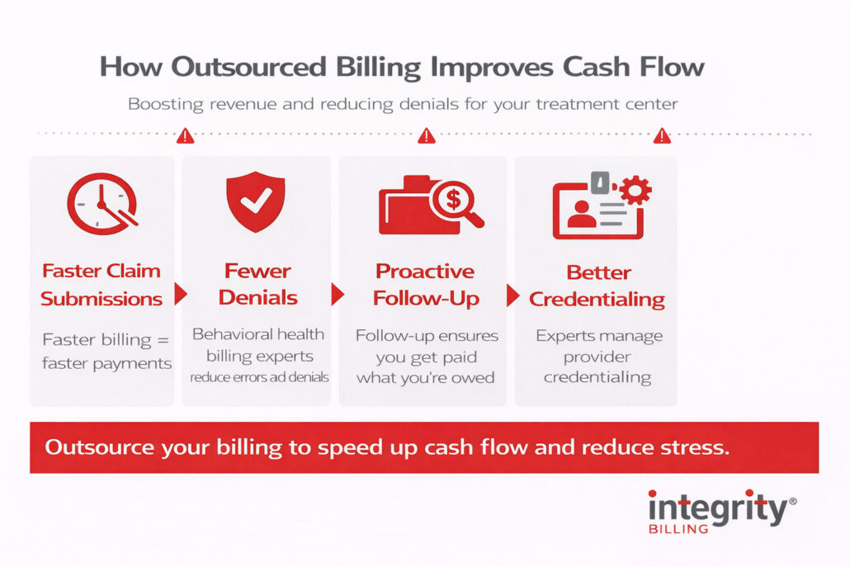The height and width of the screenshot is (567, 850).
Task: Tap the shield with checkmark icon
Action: [x=255, y=202]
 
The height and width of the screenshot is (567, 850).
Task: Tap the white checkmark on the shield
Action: [x=255, y=201]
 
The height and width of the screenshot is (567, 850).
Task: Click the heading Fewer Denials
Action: [x=258, y=284]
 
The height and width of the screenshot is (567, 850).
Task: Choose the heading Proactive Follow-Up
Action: [x=425, y=284]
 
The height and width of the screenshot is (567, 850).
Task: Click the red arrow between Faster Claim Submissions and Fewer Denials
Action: [x=181, y=295]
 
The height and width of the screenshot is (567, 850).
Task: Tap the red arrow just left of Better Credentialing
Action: [x=512, y=295]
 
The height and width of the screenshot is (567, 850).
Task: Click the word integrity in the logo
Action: [x=716, y=508]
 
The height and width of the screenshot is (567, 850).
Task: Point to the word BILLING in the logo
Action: [x=678, y=529]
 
